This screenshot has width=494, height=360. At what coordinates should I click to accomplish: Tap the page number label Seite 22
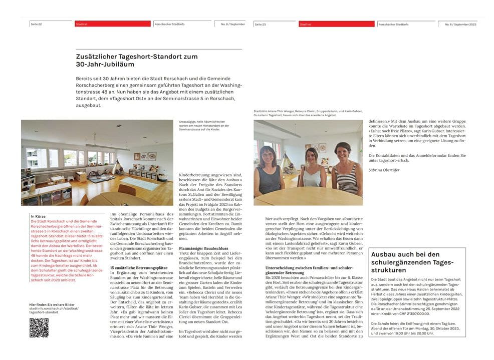(36, 24)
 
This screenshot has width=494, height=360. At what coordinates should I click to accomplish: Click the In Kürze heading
(38, 216)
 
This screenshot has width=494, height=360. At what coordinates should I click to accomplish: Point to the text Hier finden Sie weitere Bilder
(52, 304)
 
